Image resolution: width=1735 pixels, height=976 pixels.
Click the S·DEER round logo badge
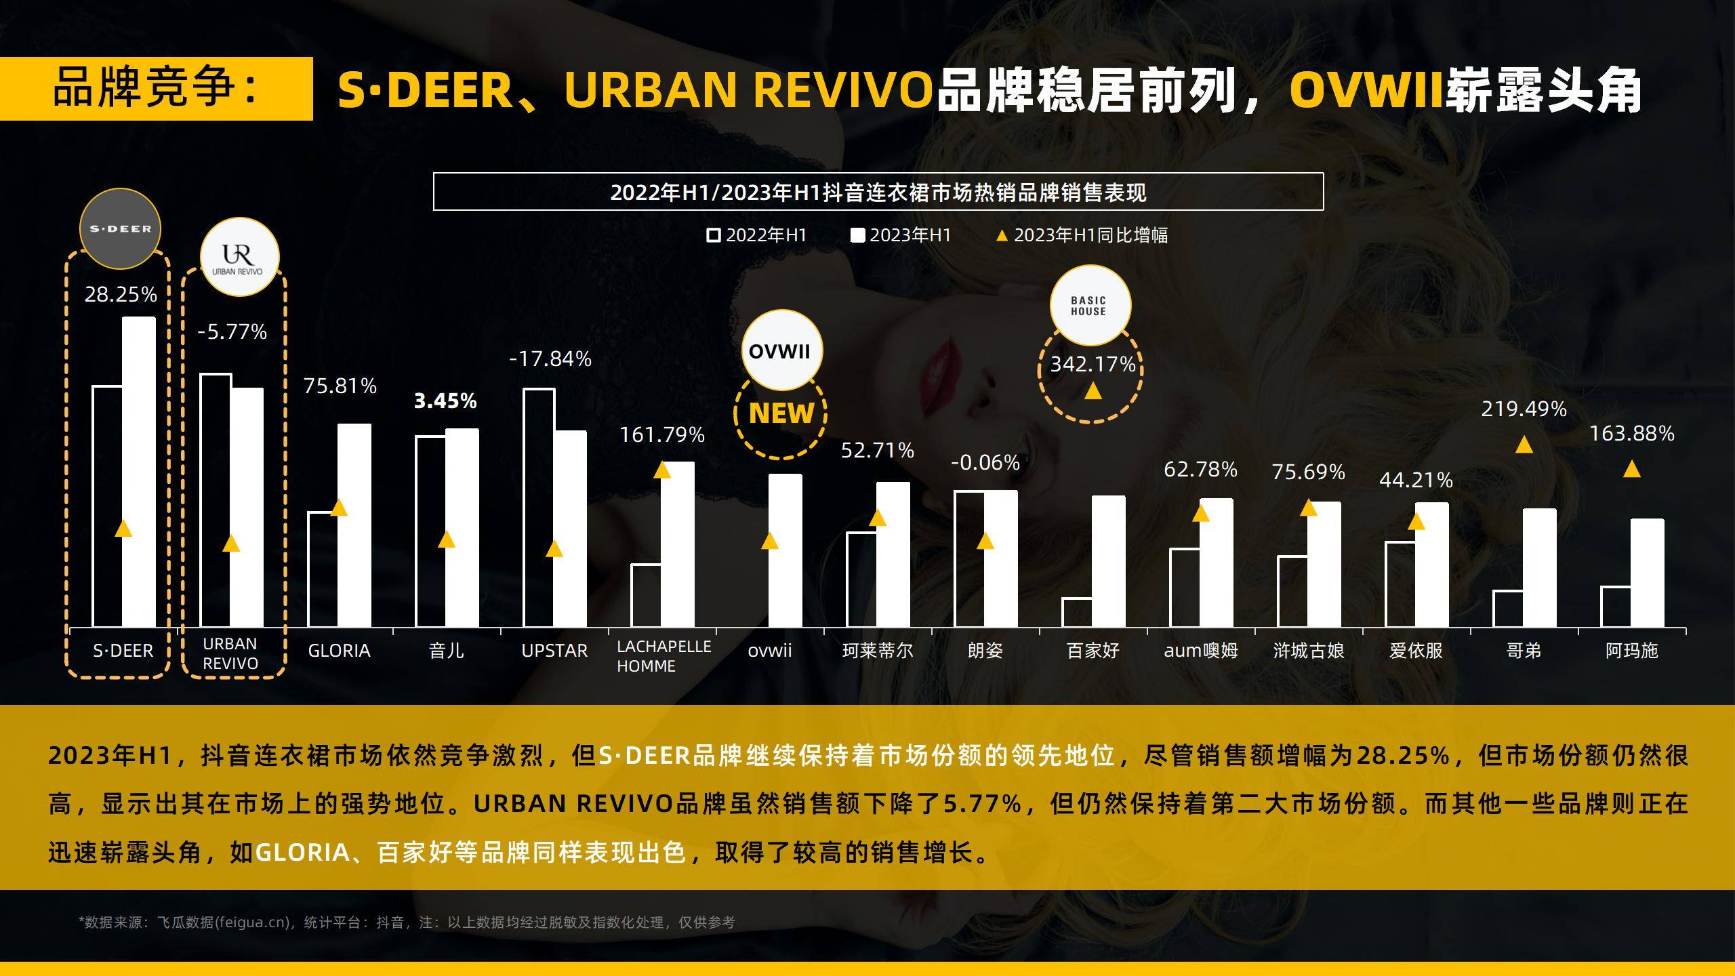pos(120,228)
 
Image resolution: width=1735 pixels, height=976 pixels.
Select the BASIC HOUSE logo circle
pos(1090,306)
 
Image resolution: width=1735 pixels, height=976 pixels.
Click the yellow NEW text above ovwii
pos(781,413)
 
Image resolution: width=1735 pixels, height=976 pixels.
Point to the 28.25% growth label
pos(121,294)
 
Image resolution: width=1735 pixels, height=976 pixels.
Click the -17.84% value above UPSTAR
pos(550,359)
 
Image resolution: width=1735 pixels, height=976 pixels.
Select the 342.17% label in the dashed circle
pos(1093,365)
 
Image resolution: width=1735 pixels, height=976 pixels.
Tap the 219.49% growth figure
pos(1524,409)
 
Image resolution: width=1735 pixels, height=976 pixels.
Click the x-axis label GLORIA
pos(339,651)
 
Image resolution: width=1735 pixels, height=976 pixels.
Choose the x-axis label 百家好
pos(1093,651)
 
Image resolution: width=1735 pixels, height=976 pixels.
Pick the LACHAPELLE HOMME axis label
pos(664,656)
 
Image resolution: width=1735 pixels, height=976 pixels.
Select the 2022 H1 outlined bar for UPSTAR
pos(539,508)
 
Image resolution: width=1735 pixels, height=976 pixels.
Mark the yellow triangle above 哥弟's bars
pos(1524,445)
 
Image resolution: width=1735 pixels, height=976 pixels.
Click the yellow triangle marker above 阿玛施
pos(1631,469)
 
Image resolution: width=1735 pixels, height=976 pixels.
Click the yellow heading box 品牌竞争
pos(156,88)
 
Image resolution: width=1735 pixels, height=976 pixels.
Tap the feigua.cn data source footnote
pos(407,922)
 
